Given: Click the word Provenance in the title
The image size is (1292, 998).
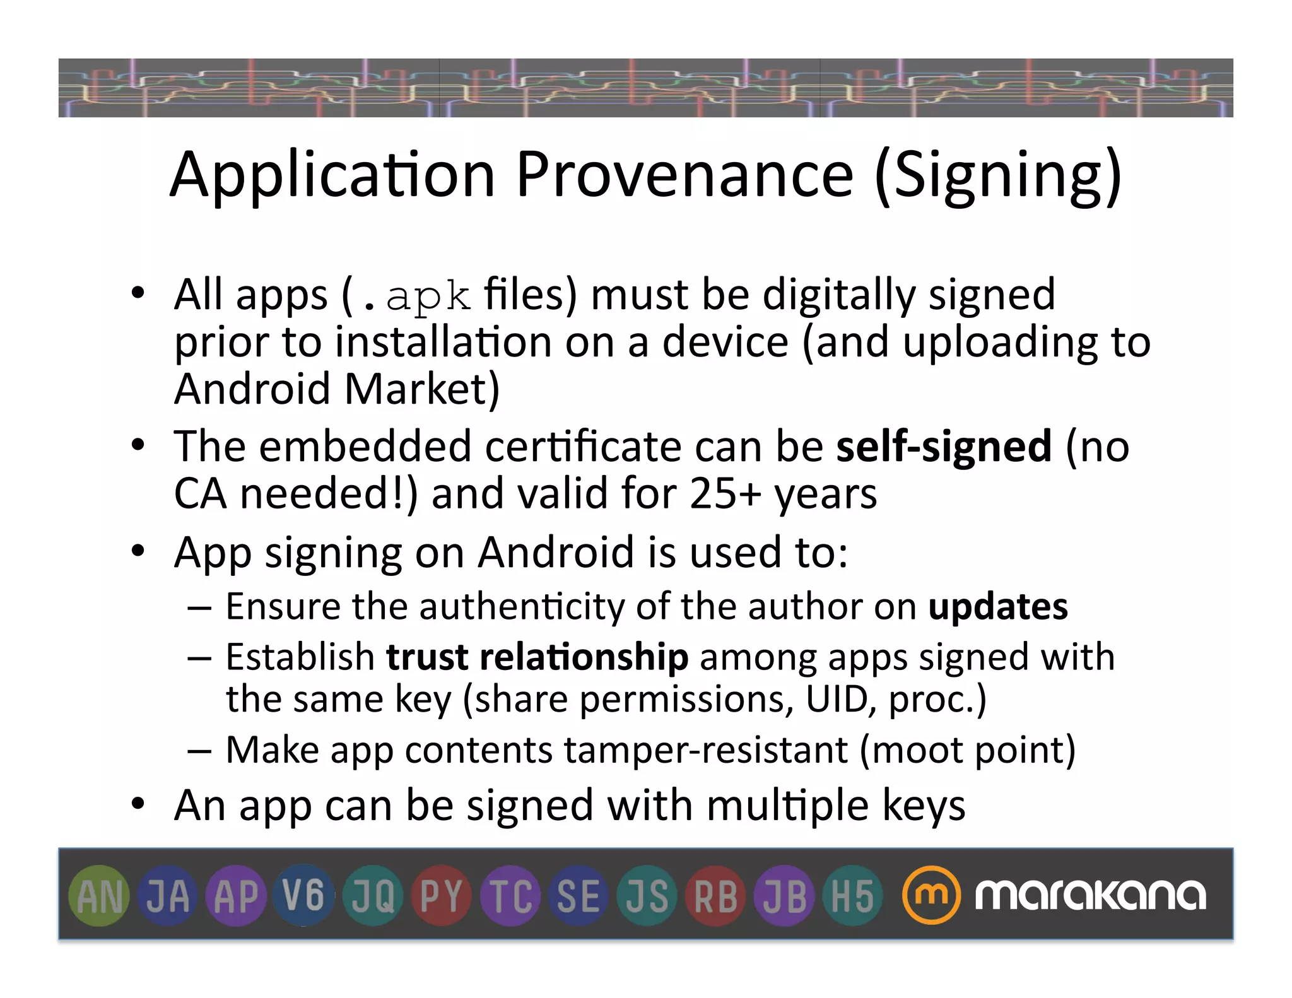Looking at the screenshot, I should (x=684, y=175).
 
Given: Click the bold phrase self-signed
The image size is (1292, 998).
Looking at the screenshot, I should (x=944, y=446).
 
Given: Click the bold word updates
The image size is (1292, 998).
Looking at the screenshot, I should (x=998, y=606).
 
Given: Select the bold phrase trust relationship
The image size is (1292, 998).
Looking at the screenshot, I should (x=537, y=657).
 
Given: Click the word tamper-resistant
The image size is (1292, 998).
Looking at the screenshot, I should (x=706, y=750).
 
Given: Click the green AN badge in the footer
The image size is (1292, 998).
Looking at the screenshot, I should (x=99, y=896).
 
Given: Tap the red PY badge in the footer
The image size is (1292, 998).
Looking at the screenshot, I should (x=442, y=896).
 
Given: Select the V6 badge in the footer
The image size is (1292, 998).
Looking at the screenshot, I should (x=304, y=896).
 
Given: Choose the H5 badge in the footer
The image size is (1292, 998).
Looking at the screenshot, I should (x=852, y=896).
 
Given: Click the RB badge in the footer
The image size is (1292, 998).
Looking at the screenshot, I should (x=715, y=896).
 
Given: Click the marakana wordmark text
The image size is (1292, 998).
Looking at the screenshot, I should (x=1089, y=895).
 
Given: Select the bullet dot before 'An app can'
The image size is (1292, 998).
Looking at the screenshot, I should (x=138, y=804).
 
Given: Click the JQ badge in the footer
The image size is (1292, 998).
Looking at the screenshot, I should (x=373, y=896).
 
